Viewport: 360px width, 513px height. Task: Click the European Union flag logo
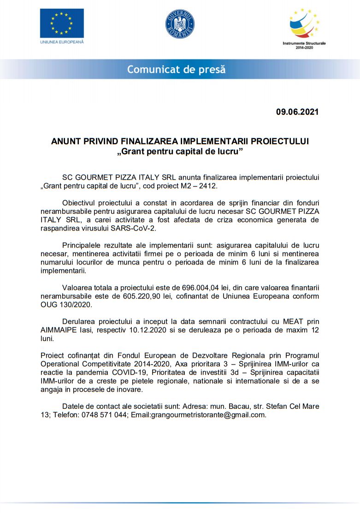coord(62,23)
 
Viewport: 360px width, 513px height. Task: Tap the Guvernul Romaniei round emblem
coord(180,24)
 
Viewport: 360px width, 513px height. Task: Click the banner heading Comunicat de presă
coord(177,70)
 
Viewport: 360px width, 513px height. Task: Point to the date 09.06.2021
coord(297,112)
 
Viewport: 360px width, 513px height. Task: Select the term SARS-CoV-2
coord(137,228)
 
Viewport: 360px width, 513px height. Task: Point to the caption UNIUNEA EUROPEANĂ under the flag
coord(62,42)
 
